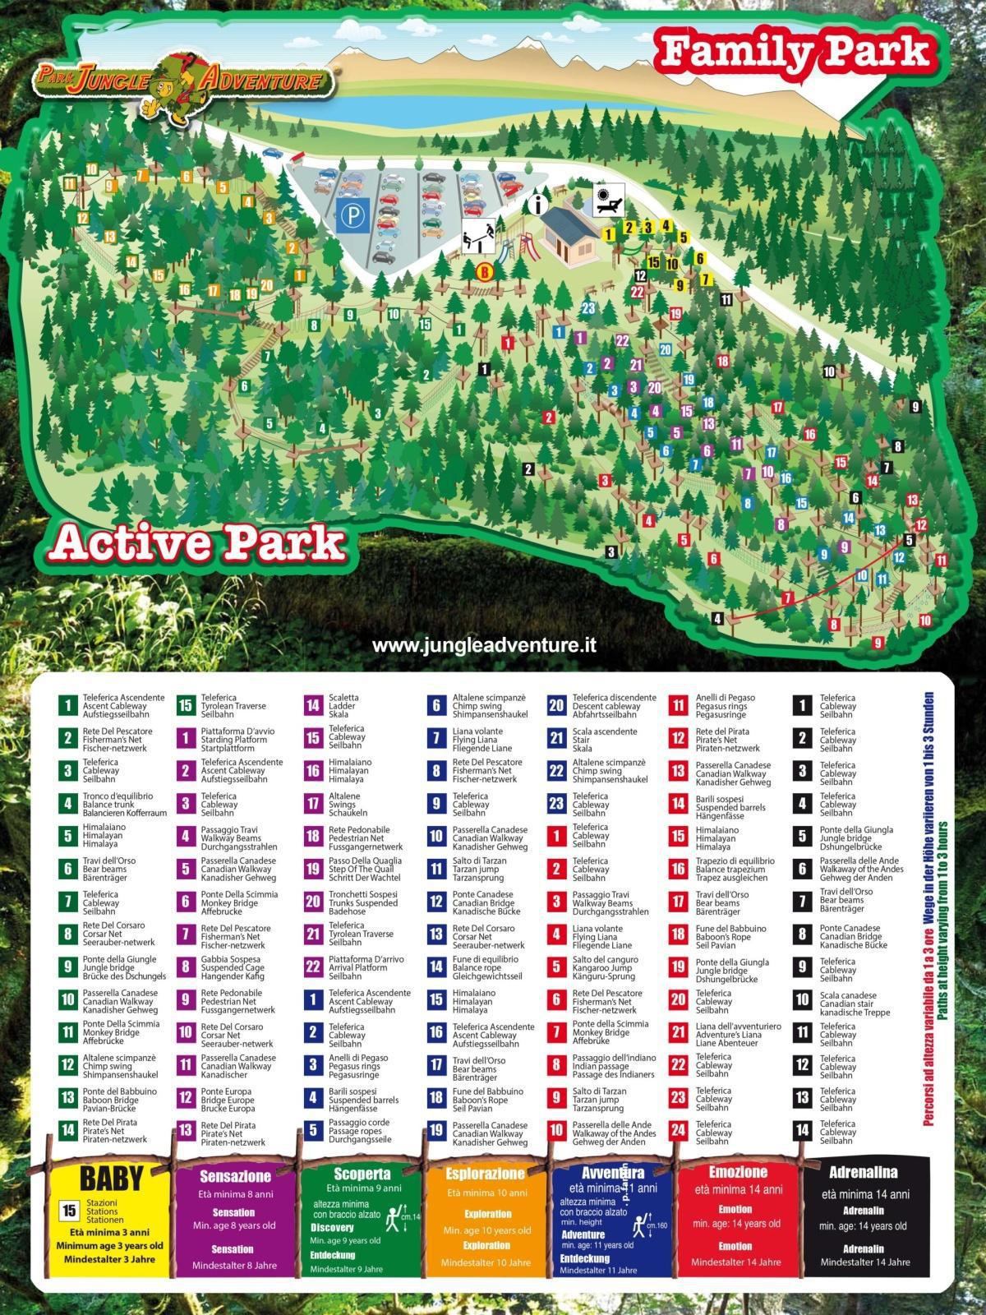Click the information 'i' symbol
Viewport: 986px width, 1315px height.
pyautogui.click(x=538, y=204)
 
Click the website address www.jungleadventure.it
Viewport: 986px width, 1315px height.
pyautogui.click(x=485, y=645)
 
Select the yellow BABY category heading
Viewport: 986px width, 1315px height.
pyautogui.click(x=112, y=1178)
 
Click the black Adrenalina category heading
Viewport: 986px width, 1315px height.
pyautogui.click(x=863, y=1173)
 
